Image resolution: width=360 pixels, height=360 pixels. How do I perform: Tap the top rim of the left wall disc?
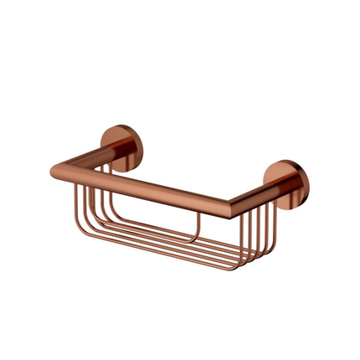tap(116, 126)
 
